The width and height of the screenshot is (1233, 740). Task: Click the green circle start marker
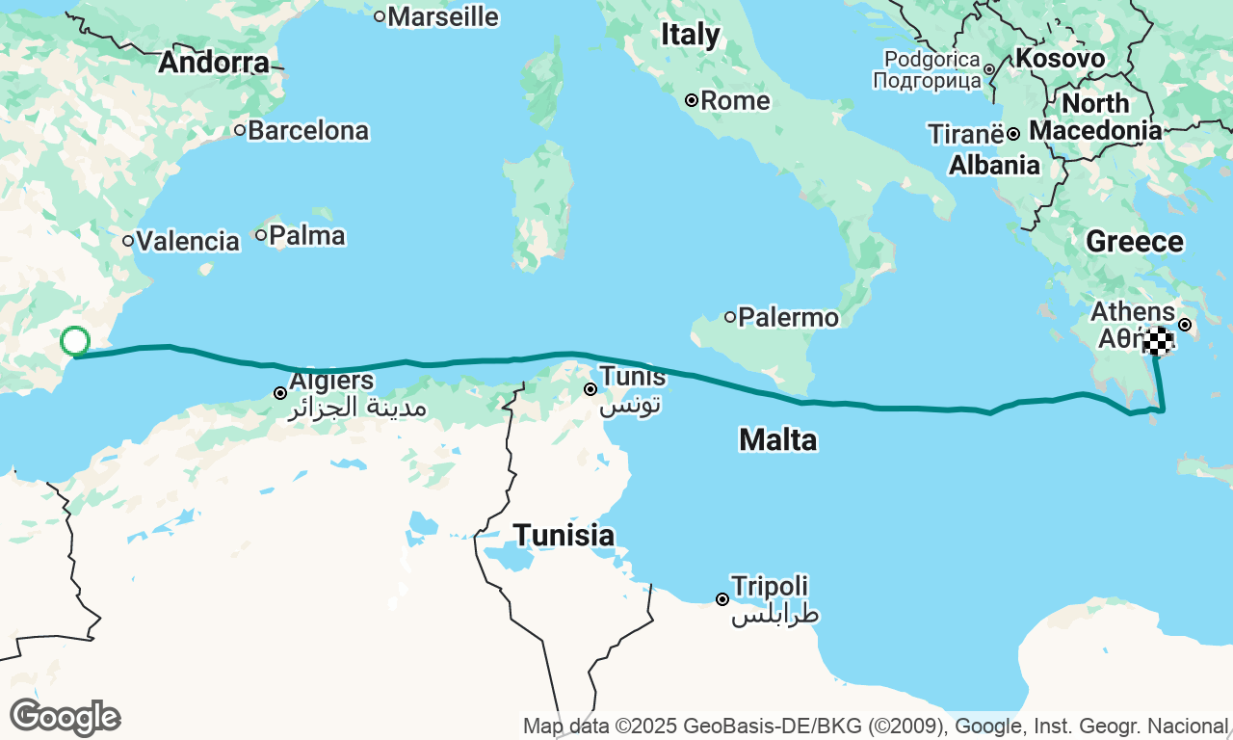click(75, 341)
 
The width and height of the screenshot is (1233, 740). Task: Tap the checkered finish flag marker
click(1159, 341)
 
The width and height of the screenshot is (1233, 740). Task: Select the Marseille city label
click(443, 16)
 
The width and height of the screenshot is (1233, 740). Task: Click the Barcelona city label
click(307, 130)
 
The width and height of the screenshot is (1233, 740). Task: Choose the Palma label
click(306, 235)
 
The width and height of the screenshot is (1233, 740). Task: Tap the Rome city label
click(734, 100)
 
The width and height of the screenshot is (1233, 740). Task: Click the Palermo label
click(782, 317)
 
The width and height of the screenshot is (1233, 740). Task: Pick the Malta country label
click(777, 440)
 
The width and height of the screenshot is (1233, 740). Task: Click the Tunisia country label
click(564, 535)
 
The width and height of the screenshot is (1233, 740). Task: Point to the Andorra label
click(214, 63)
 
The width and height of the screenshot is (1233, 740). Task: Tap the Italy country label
click(691, 35)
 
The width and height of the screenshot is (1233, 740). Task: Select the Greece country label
click(1135, 242)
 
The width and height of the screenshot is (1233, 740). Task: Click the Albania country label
click(994, 166)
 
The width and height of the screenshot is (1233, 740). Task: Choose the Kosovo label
click(1060, 59)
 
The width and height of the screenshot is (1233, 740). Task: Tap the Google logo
click(65, 718)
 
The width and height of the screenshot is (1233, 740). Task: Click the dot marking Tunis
click(590, 389)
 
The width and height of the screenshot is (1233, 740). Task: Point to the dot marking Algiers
click(280, 393)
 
